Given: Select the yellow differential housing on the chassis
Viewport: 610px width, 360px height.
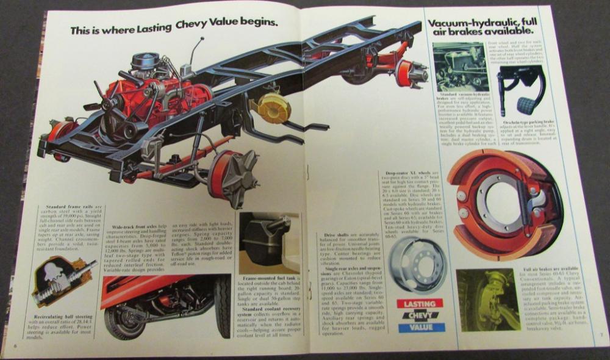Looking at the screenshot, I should tap(274, 108).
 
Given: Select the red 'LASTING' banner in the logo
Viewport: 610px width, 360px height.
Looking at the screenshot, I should tap(420, 303).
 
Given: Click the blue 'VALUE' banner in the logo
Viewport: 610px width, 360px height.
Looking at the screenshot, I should tap(420, 328).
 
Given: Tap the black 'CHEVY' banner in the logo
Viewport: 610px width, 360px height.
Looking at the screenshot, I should tap(420, 315).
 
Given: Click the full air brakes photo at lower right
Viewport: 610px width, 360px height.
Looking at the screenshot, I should tap(489, 300).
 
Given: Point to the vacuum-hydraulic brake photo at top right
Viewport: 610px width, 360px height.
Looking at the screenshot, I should tap(461, 67).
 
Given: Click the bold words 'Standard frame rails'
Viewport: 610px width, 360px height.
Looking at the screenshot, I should tap(59, 209).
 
